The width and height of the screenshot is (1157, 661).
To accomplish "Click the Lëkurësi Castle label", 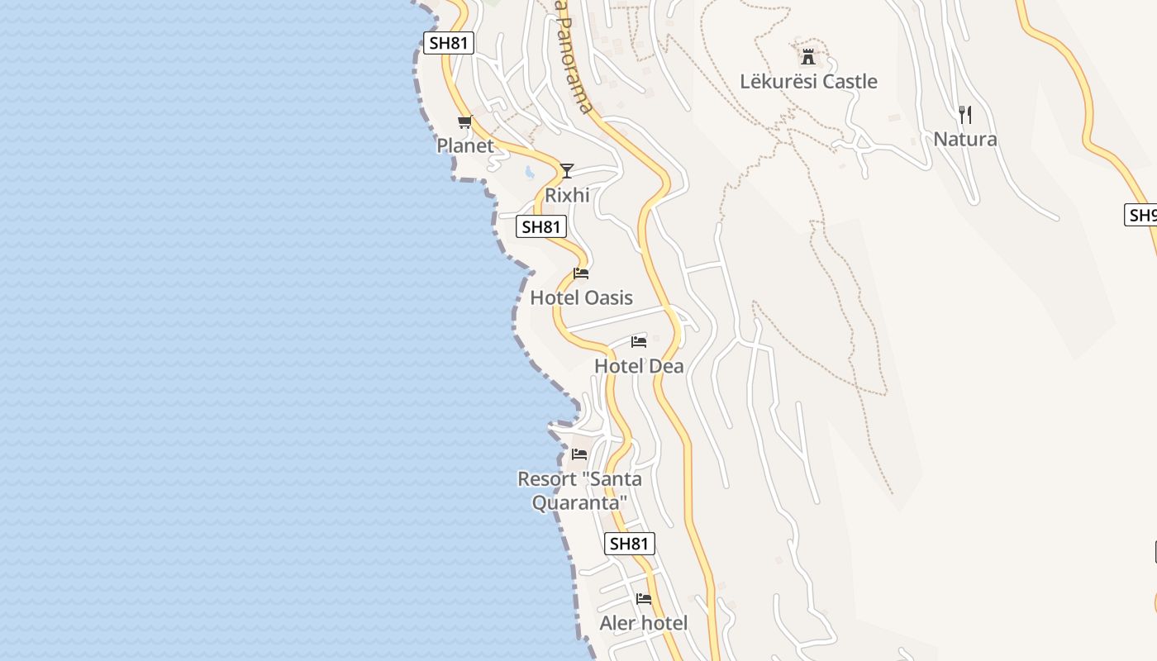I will pos(808,81).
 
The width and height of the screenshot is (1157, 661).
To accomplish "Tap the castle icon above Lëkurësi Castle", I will pos(808,57).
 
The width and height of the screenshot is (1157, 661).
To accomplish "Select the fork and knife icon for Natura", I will pos(964,114).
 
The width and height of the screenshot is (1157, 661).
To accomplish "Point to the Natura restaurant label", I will pos(964,139).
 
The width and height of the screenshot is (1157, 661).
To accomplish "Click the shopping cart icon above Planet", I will pos(464,122).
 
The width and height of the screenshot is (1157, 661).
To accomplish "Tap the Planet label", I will pos(464,145).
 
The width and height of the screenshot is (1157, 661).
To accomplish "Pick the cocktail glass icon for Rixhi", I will pos(566,171).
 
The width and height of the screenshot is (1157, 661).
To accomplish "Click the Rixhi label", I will pos(567,195).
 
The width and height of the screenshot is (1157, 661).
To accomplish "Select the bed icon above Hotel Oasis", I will pos(581,273).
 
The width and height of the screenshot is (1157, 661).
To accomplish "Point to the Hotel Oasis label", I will pos(581,297).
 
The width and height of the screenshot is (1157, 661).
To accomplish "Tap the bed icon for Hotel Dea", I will pos(639,341).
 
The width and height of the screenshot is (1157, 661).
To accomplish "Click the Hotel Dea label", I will pos(639,365).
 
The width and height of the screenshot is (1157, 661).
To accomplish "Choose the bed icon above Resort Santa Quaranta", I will pos(579,454).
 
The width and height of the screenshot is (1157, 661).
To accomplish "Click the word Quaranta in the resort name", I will pos(579,502).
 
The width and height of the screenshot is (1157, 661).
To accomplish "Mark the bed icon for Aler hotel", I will pos(644,599).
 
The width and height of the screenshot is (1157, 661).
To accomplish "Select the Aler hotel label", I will pos(643,623).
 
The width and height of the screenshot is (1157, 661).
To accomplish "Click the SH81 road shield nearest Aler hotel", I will pos(630,544).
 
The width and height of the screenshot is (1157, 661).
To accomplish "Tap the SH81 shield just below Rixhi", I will pos(541,226).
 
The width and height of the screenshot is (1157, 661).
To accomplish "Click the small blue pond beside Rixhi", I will pos(529,173).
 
